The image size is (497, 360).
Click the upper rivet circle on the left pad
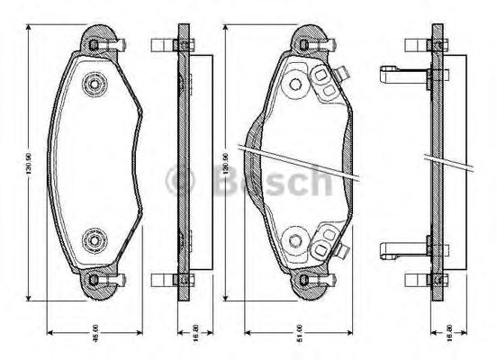[x=94, y=85]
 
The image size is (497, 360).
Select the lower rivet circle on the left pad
[x=94, y=240]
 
